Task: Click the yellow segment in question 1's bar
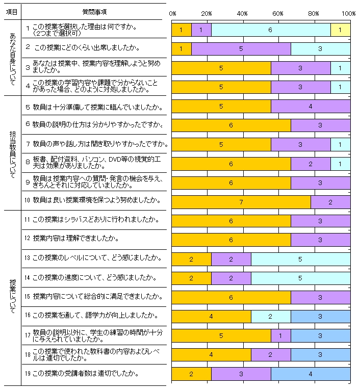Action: point(340,30)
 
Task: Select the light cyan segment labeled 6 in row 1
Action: point(270,30)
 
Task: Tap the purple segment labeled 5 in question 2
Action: point(241,49)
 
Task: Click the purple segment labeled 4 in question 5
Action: point(310,107)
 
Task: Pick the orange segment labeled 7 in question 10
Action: point(241,202)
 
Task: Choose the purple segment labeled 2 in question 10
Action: point(330,202)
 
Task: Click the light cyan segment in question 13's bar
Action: point(300,259)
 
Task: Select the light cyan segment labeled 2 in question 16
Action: point(270,316)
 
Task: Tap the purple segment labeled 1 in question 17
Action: point(280,335)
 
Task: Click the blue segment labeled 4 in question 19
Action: point(310,374)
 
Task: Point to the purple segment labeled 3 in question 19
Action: point(241,374)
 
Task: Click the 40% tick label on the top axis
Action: point(242,13)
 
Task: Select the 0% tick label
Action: point(172,13)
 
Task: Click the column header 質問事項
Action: point(94,11)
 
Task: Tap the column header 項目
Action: point(11,11)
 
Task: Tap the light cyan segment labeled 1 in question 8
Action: point(340,164)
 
